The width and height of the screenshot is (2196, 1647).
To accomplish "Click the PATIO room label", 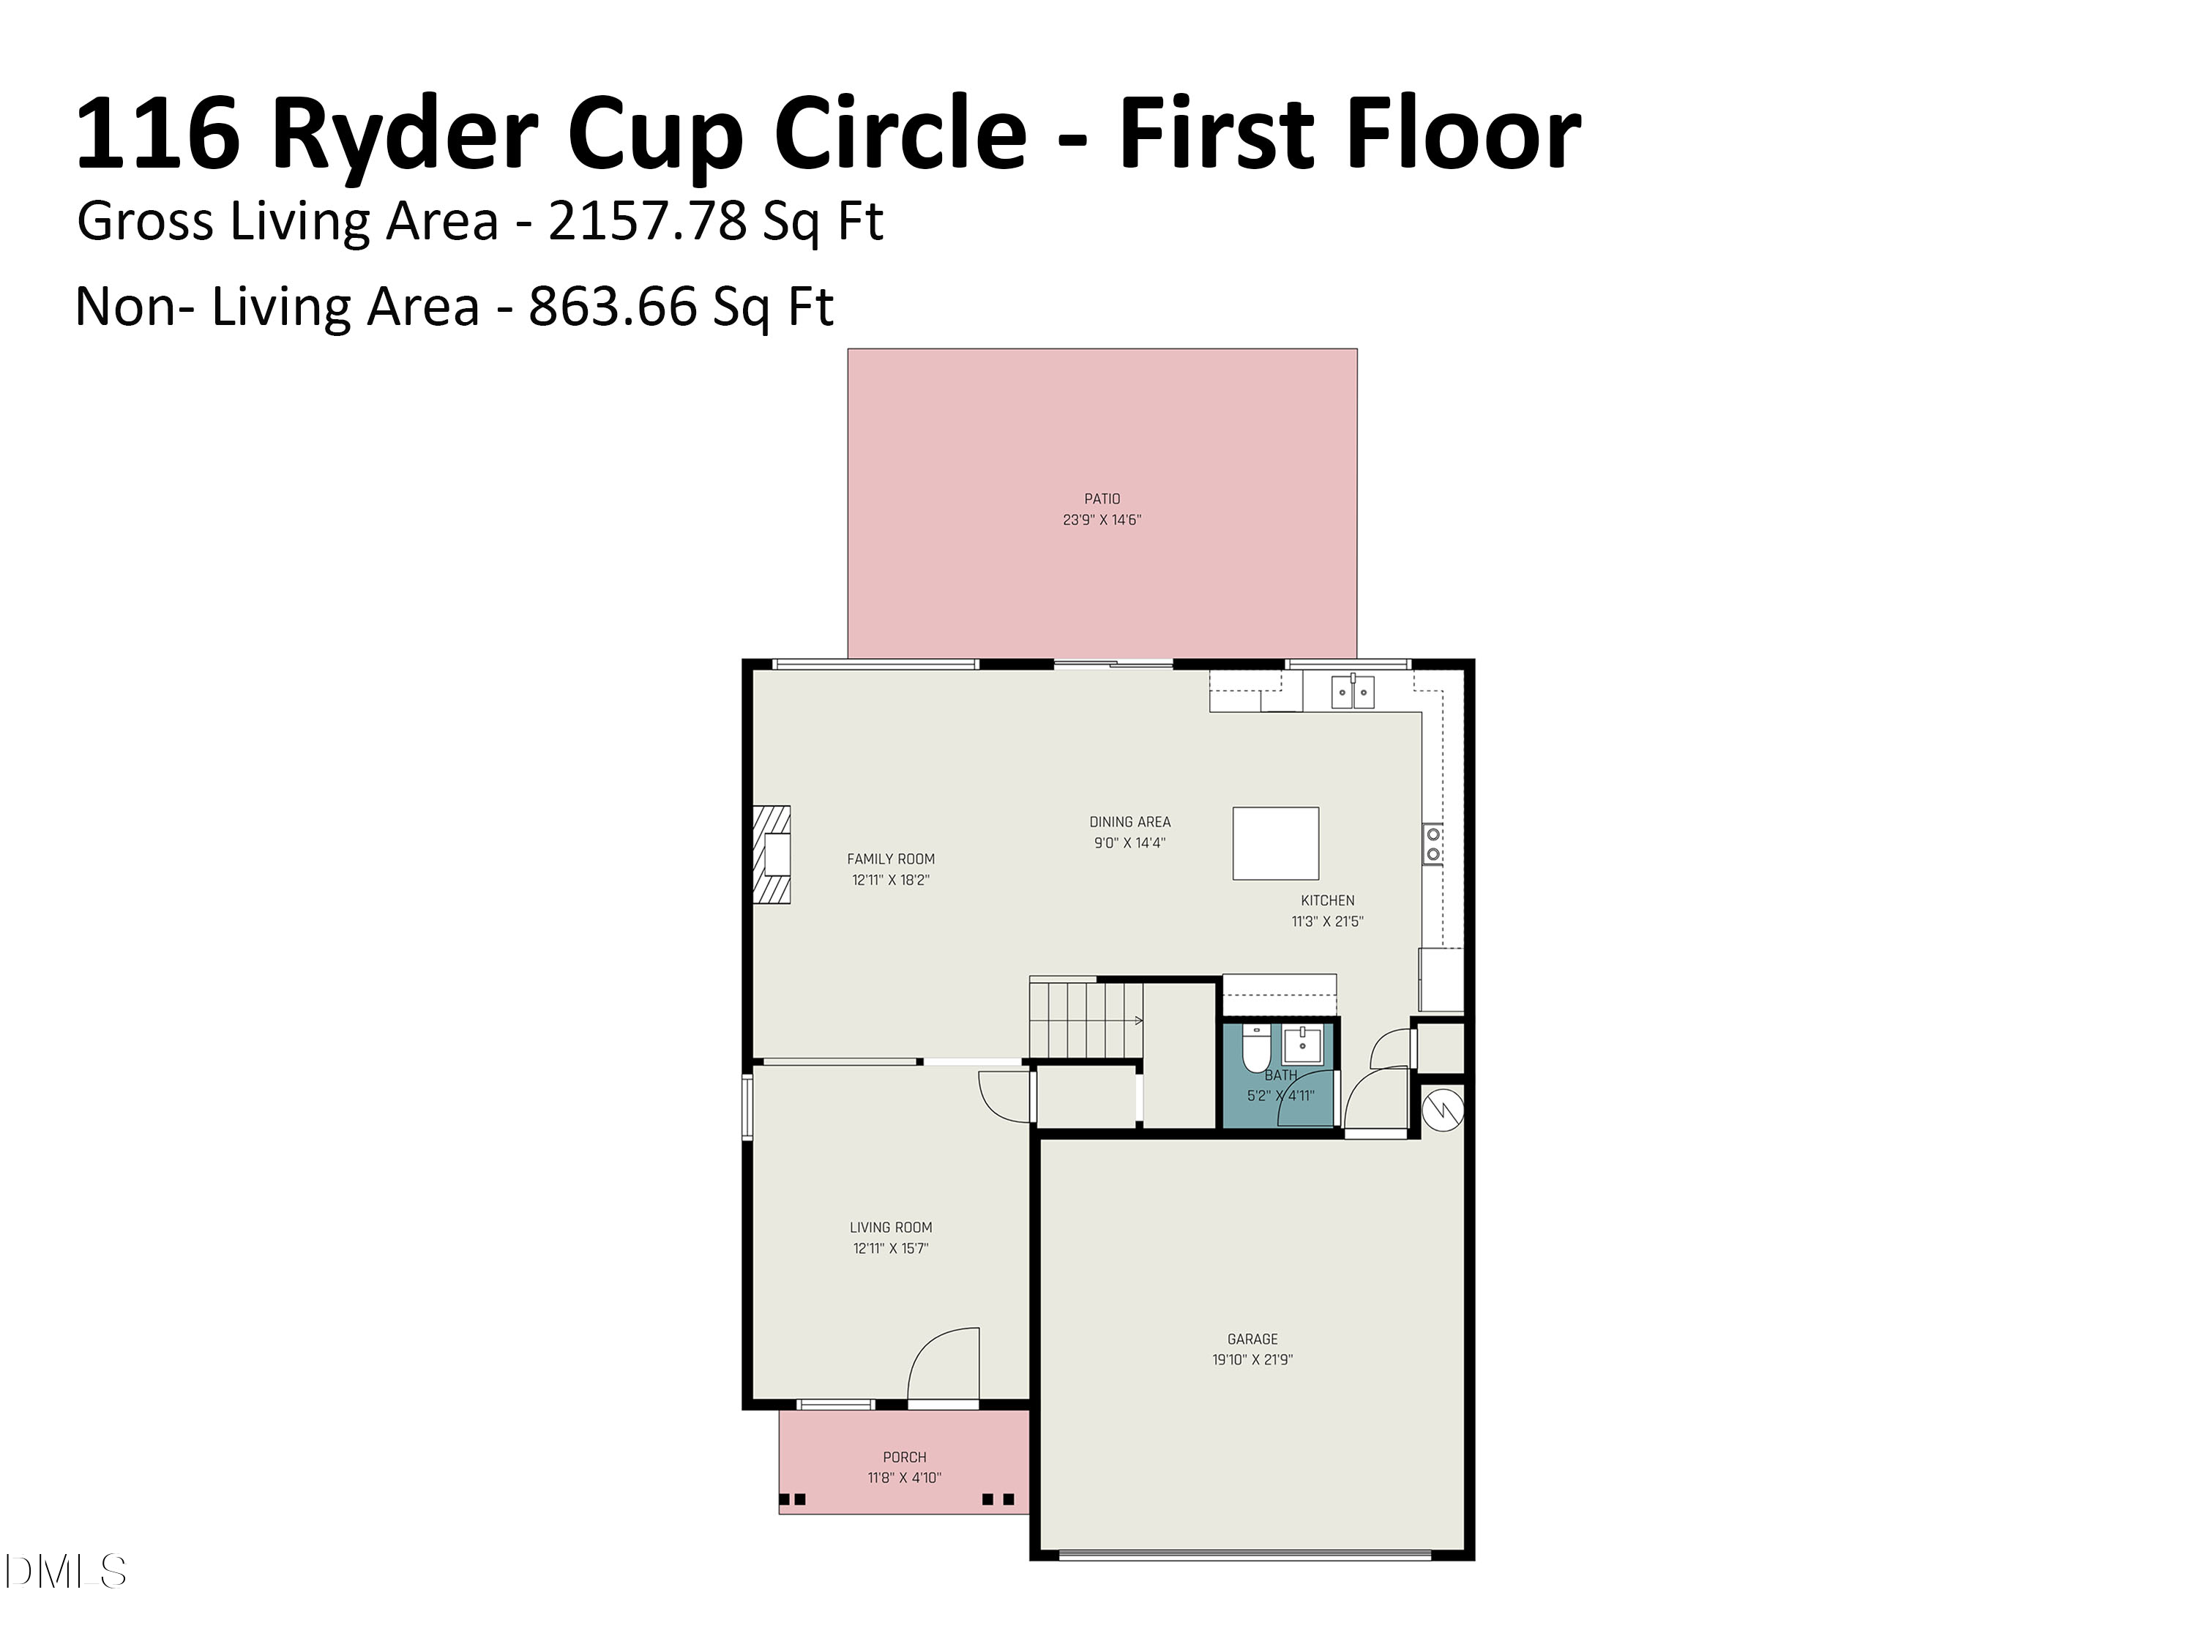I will (x=1101, y=498).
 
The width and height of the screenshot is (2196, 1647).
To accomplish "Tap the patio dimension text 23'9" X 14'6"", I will (x=1101, y=519).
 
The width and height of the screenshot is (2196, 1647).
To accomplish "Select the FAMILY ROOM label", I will (x=891, y=859).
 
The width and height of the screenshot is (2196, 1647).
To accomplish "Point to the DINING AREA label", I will (x=1129, y=822).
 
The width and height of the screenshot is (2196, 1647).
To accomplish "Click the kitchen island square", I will (x=1276, y=843).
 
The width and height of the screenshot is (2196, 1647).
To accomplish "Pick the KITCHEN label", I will (x=1327, y=900).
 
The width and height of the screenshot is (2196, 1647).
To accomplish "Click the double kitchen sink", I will (x=1352, y=691).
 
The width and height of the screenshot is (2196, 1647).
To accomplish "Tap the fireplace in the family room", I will (x=772, y=854).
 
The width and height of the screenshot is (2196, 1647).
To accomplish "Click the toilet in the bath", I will (x=1256, y=1046).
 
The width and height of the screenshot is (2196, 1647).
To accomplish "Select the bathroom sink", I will (x=1301, y=1045).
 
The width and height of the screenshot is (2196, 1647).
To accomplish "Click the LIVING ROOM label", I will (x=891, y=1227).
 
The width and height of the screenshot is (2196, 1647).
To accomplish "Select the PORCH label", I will (x=905, y=1457).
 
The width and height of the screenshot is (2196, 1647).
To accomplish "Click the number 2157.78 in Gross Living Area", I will (x=646, y=220).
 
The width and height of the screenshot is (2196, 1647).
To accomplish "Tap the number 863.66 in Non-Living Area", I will (x=613, y=306).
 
